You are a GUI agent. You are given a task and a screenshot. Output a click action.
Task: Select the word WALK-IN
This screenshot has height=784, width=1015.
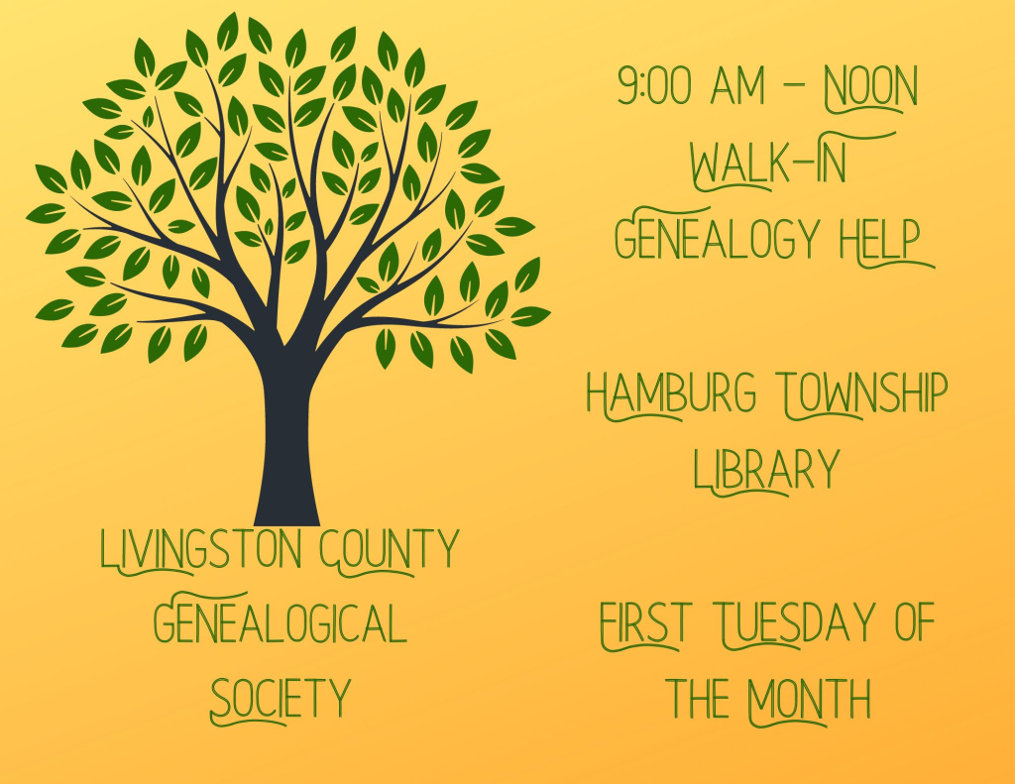coord(768,164)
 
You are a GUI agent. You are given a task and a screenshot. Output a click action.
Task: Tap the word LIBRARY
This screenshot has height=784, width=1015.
coord(766,469)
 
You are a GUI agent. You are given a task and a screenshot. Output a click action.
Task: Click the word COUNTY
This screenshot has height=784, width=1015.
coord(390,548)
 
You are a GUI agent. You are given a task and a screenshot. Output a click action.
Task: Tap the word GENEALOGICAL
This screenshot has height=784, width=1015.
coord(281,623)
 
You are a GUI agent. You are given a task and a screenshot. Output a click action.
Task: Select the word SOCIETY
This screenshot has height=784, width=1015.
coord(281,699)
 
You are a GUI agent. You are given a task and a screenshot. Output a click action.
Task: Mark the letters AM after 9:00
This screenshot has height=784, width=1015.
coord(738,88)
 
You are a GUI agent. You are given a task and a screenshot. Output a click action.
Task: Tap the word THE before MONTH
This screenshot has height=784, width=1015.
coord(701,699)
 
